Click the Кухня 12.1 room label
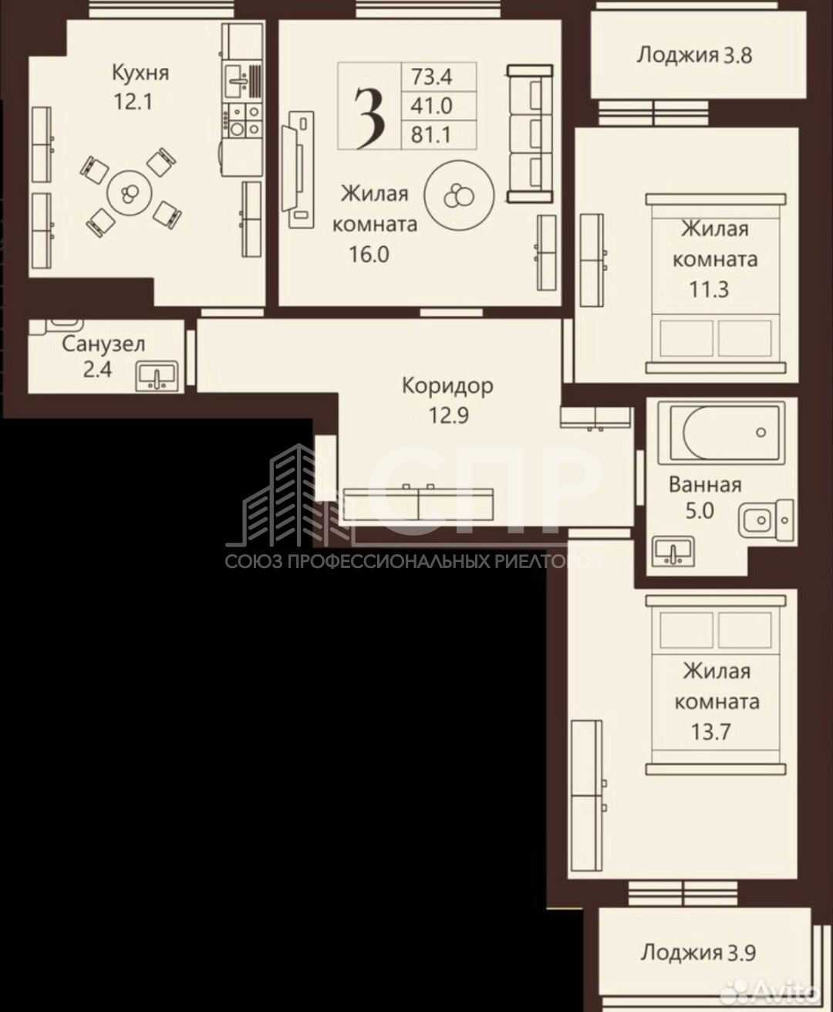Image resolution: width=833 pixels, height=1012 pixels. tap(140, 87)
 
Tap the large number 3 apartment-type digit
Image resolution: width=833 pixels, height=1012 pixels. tap(369, 118)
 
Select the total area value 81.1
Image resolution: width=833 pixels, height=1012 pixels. tap(431, 135)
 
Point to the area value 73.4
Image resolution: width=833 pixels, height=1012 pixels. tap(431, 76)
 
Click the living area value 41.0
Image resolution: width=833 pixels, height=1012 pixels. tap(431, 106)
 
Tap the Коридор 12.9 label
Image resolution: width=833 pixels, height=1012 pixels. tap(448, 401)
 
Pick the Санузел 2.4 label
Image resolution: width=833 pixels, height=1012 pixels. tap(103, 357)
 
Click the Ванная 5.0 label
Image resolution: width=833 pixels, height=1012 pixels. tap(705, 498)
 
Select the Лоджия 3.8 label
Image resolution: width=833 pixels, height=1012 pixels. tap(694, 56)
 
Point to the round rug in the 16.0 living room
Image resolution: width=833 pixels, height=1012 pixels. tap(459, 195)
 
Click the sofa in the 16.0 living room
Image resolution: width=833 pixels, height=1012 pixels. tap(530, 134)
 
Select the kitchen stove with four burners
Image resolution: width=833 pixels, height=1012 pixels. tap(243, 120)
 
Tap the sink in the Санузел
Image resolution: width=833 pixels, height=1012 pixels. tap(157, 376)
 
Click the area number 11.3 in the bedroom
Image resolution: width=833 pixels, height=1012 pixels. tap(709, 289)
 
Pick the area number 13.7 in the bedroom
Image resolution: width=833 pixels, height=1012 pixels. tap(710, 731)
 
